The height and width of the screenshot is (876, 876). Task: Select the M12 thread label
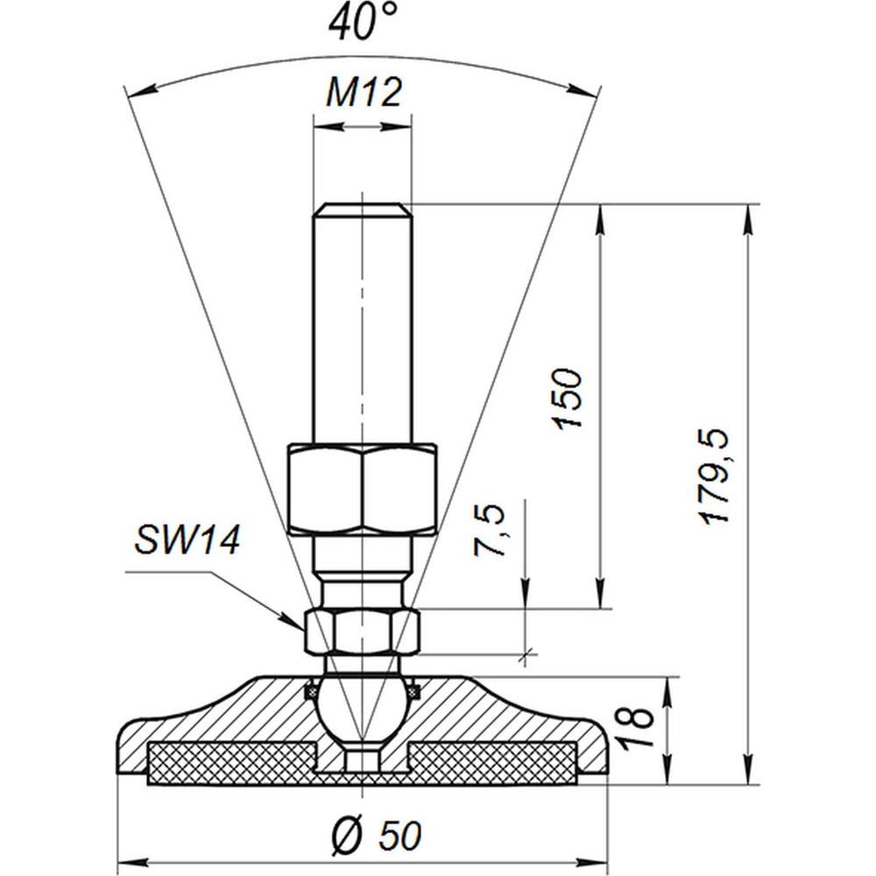[x=364, y=92]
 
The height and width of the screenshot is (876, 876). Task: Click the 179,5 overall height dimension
[x=715, y=477]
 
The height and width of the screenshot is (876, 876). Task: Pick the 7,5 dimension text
[x=490, y=530]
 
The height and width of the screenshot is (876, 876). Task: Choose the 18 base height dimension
[x=638, y=727]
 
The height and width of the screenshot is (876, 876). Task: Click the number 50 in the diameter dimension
[x=399, y=836]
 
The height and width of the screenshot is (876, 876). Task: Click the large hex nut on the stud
[x=363, y=490]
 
